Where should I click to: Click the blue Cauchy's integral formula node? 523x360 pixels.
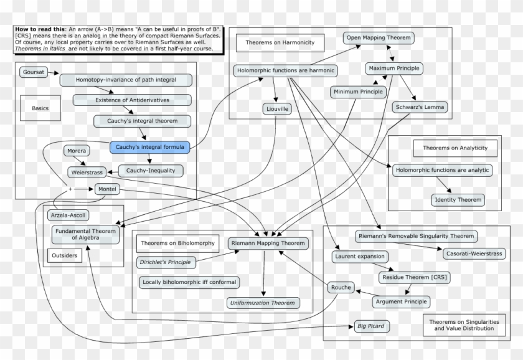149,148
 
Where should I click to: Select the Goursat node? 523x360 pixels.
33,72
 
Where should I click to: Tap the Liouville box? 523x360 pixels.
277,109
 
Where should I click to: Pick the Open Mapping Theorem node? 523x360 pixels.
378,38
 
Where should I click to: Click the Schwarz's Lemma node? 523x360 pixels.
420,107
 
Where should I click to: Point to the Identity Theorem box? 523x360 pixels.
458,200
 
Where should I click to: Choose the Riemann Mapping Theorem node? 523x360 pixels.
268,243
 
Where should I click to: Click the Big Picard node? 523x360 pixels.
370,326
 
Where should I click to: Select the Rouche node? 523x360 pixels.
341,288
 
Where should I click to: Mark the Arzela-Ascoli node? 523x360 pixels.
68,216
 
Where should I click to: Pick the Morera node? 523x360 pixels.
77,151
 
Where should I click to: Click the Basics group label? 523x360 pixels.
40,108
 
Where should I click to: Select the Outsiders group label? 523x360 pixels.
65,255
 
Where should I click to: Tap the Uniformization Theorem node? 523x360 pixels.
262,303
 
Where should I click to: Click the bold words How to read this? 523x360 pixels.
38,30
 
